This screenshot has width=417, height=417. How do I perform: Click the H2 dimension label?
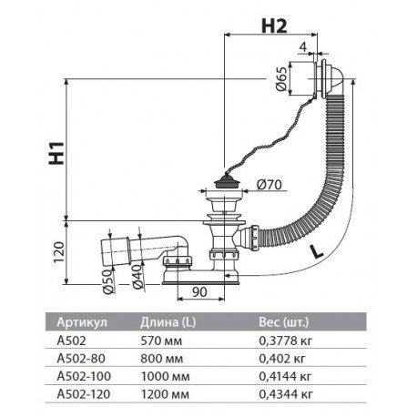(x=274, y=25)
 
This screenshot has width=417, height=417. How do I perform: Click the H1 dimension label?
(x=56, y=153)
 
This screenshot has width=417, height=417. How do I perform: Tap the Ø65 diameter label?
(x=280, y=78)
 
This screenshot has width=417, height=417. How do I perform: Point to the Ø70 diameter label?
(x=269, y=185)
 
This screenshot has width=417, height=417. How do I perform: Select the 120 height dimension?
(x=58, y=252)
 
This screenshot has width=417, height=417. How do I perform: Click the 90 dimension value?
(x=199, y=291)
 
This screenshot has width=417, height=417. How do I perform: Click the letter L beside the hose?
(x=316, y=251)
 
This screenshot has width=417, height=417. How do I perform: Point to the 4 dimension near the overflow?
(x=303, y=46)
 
